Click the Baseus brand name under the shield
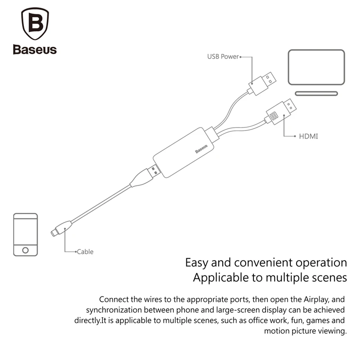point(35,49)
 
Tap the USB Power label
point(223,57)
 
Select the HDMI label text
point(308,135)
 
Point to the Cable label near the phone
point(85,252)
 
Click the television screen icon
point(316,67)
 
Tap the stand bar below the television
point(316,94)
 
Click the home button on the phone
point(26,249)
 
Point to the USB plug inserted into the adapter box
point(153,171)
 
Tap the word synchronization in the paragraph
point(114,310)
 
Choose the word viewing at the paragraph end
point(333,332)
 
